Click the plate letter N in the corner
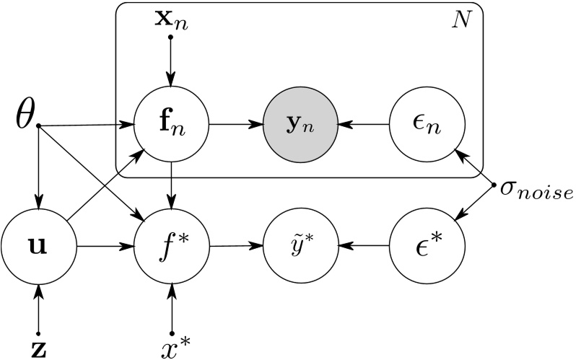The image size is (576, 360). tap(459, 17)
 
